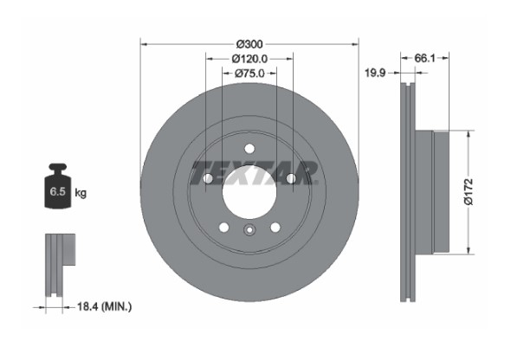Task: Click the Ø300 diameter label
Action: coord(249,44)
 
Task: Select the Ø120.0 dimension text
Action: coord(249,59)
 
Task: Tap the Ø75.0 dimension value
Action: coord(249,74)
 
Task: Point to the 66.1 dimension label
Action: coord(424,58)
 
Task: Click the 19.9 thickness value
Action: coord(375,73)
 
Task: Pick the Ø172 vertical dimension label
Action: coord(469,192)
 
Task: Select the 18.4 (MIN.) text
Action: coord(104,306)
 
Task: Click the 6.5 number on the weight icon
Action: coord(57,192)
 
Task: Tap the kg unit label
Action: coord(81,193)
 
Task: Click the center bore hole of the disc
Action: coord(249,193)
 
